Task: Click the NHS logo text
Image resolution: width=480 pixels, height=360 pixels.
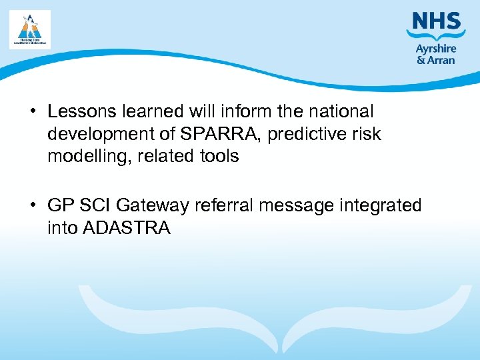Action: pos(437,21)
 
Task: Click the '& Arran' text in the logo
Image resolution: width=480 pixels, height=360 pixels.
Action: pos(436,60)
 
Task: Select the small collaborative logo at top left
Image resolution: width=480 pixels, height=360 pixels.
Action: pos(30,29)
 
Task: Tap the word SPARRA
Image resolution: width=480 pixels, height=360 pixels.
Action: pos(213,134)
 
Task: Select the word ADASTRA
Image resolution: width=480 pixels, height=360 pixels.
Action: pos(126,229)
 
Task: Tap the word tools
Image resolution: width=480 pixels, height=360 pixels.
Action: pos(218,157)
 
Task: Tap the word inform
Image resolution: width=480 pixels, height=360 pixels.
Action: pos(228,111)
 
